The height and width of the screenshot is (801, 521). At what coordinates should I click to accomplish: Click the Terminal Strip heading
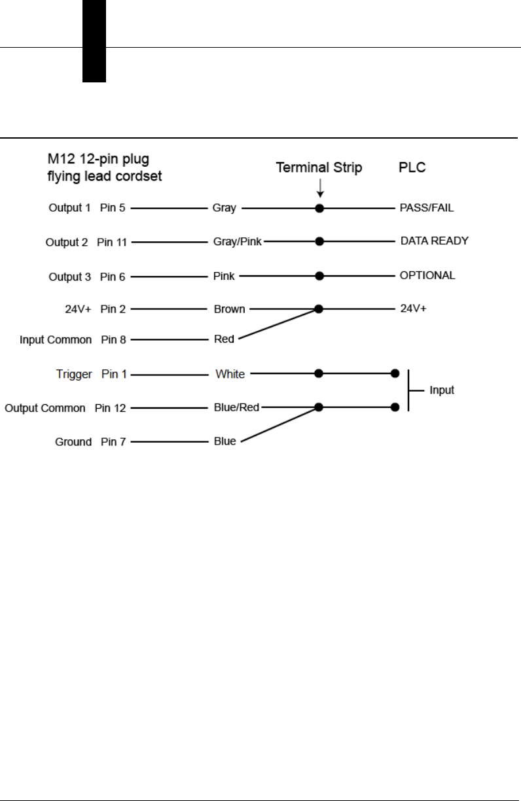point(319,168)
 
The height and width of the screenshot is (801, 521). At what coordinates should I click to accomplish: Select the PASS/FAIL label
point(426,209)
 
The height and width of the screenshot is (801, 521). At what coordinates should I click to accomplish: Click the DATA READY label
point(435,241)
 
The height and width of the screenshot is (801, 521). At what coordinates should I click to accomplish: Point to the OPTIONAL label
point(427,276)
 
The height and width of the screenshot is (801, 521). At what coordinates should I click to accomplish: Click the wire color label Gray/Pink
point(238,242)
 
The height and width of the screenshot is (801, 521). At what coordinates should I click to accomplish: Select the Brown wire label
point(229,309)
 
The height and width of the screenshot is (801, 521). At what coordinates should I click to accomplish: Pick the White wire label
point(230,374)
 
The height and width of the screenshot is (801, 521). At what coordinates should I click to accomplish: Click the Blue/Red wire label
point(237,407)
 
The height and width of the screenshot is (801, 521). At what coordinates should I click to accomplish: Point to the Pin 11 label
point(112,242)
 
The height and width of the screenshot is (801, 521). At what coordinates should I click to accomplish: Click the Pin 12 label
point(110,408)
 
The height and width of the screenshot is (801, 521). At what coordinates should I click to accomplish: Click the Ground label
point(73,442)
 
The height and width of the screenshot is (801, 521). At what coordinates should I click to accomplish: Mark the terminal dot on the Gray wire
point(319,209)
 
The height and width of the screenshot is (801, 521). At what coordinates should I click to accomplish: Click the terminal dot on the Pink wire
point(319,276)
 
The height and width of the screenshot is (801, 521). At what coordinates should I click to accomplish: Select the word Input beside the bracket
point(442,390)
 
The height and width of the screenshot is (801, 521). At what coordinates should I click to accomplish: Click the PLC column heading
point(412,168)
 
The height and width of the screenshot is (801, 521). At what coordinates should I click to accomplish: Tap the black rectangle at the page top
point(94,41)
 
